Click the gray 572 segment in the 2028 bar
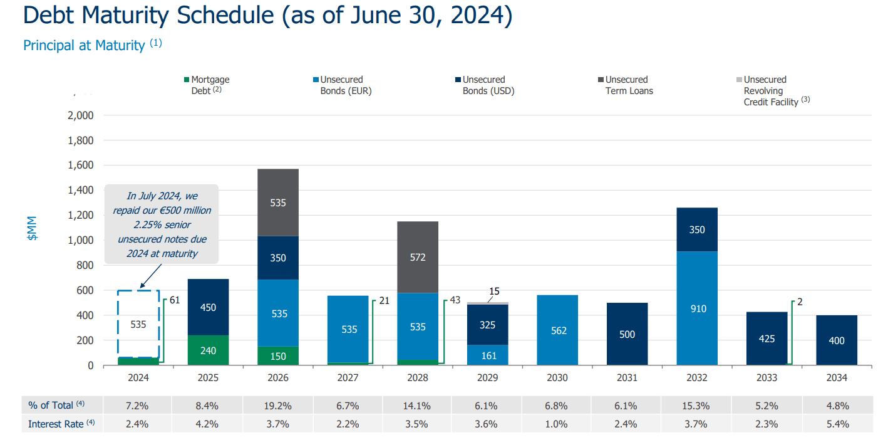418,257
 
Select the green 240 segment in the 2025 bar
208,350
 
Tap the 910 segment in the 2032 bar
696,308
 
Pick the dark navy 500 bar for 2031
627,334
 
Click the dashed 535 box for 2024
138,324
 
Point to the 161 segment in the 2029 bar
488,355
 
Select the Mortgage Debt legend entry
206,85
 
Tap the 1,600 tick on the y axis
80,165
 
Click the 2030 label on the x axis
557,378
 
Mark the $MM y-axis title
32,229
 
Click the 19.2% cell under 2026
277,406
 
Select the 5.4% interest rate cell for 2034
836,424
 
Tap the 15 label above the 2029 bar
494,291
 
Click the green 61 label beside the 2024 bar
175,301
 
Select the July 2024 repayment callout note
162,224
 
